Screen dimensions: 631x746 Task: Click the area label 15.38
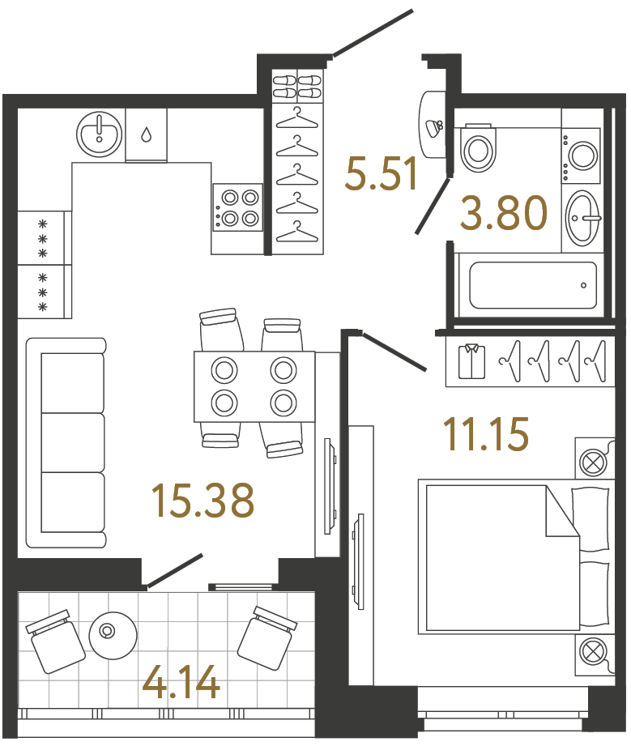(203, 500)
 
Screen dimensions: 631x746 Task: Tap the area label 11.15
(485, 433)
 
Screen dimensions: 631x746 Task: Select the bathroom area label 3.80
(504, 213)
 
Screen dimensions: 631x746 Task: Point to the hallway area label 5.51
(382, 173)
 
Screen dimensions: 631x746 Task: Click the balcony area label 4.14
(181, 682)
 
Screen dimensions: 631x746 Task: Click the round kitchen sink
(99, 134)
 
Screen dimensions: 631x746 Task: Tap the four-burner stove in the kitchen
(237, 207)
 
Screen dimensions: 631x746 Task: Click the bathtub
(533, 285)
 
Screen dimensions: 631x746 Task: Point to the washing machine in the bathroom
(581, 155)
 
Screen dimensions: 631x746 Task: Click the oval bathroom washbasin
(582, 219)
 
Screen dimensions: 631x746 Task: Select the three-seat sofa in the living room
(66, 442)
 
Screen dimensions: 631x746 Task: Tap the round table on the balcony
(113, 635)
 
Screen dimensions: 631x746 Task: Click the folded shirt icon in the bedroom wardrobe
(471, 361)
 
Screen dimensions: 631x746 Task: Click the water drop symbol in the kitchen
(146, 134)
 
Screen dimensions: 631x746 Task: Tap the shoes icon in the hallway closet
(297, 86)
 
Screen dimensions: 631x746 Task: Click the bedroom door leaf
(394, 351)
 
